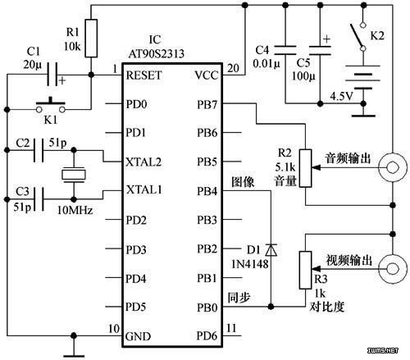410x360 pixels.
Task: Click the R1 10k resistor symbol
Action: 91,39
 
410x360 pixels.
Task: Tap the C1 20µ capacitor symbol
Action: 52,74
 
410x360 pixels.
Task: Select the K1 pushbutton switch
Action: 51,106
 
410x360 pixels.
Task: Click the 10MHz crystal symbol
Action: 74,175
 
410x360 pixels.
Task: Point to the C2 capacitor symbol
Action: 39,150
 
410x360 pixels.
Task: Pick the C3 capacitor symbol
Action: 39,199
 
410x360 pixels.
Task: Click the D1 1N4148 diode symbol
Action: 271,250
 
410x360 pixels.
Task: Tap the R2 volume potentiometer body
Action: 305,168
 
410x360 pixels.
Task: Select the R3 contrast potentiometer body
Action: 305,270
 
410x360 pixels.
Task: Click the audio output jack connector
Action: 393,167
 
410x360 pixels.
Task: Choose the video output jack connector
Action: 393,269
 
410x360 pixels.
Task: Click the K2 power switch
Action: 359,37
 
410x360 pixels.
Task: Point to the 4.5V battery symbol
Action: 363,77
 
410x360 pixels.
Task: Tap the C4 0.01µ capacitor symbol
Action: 285,50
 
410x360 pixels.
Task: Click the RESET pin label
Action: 143,75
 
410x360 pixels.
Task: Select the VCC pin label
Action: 207,75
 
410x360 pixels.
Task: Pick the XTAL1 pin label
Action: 144,189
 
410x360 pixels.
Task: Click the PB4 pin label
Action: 207,192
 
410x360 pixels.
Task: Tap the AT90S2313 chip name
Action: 156,54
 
